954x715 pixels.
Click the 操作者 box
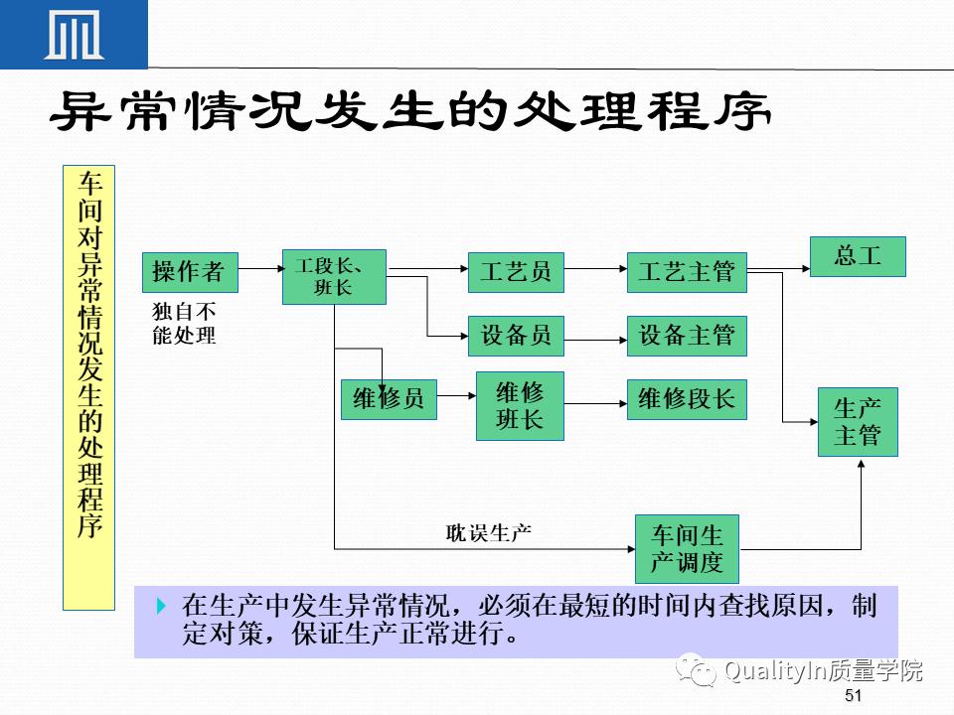pyautogui.click(x=190, y=271)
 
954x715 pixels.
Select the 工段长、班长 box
pyautogui.click(x=334, y=276)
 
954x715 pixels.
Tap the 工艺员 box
pyautogui.click(x=516, y=271)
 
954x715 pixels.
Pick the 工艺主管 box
pyautogui.click(x=686, y=271)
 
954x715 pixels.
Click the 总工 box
pyautogui.click(x=858, y=255)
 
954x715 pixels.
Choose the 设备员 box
pyautogui.click(x=516, y=336)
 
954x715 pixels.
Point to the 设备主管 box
pyautogui.click(x=686, y=336)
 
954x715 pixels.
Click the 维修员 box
pyautogui.click(x=388, y=398)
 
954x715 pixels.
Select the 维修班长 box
pyautogui.click(x=520, y=406)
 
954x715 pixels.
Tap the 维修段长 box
pyautogui.click(x=686, y=398)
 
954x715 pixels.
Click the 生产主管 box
pyautogui.click(x=858, y=422)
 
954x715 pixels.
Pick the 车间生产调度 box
pyautogui.click(x=687, y=549)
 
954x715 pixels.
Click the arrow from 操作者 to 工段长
pyautogui.click(x=260, y=268)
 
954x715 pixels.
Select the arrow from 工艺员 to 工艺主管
pyautogui.click(x=595, y=268)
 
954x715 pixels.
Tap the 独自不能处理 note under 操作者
pyautogui.click(x=184, y=323)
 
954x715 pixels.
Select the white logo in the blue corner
pyautogui.click(x=75, y=36)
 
